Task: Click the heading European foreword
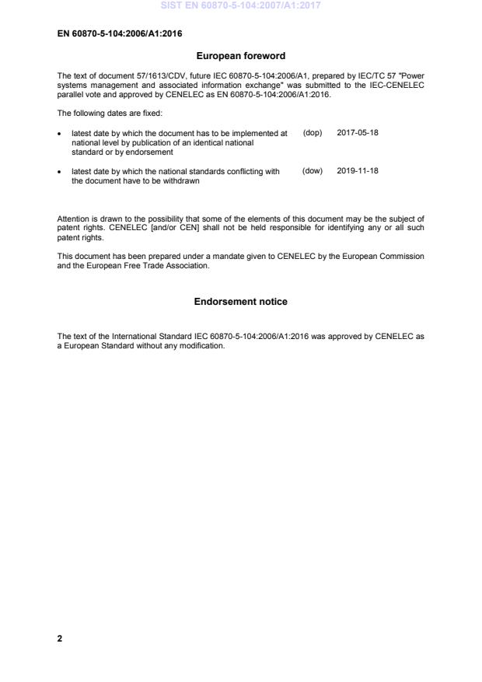[x=240, y=56]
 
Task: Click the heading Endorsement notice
[x=240, y=302]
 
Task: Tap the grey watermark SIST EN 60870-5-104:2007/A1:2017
[x=240, y=5]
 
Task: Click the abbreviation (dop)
[x=312, y=133]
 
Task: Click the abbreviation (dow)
[x=312, y=171]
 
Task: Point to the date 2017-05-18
[x=358, y=133]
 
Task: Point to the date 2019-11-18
[x=358, y=171]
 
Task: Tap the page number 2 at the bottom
[x=60, y=638]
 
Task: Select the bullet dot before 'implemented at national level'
[x=60, y=134]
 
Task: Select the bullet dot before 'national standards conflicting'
[x=60, y=172]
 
